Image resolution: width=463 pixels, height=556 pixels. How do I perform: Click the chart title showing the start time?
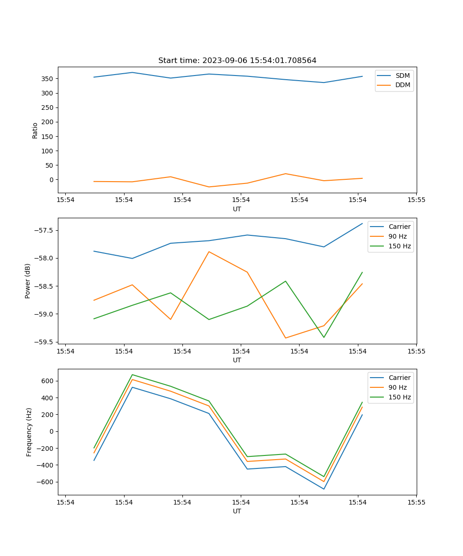pyautogui.click(x=237, y=61)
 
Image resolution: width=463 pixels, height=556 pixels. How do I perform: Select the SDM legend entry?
pyautogui.click(x=402, y=76)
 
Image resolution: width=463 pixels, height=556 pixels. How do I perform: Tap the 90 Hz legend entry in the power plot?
pyautogui.click(x=397, y=236)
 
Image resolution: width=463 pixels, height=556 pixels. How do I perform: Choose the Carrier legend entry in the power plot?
pyautogui.click(x=399, y=227)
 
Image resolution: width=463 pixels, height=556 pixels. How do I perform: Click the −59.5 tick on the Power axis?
pyautogui.click(x=45, y=342)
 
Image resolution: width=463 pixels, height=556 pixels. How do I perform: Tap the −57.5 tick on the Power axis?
pyautogui.click(x=45, y=230)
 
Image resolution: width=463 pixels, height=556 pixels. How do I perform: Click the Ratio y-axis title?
pyautogui.click(x=35, y=130)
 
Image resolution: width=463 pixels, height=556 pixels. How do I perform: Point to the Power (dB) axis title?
pyautogui.click(x=28, y=281)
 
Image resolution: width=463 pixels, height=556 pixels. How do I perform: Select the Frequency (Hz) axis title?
pyautogui.click(x=29, y=432)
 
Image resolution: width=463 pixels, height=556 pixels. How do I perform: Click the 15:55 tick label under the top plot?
pyautogui.click(x=416, y=200)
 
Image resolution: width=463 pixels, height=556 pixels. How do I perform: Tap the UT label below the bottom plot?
pyautogui.click(x=237, y=511)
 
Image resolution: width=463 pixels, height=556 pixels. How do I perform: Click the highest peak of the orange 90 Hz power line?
pyautogui.click(x=209, y=252)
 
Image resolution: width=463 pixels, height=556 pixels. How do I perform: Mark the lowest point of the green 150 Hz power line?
pyautogui.click(x=324, y=337)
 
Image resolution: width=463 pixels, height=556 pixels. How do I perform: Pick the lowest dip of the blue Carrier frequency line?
pyautogui.click(x=324, y=489)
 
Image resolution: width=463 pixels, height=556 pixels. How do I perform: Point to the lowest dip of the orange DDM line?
pyautogui.click(x=209, y=187)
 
